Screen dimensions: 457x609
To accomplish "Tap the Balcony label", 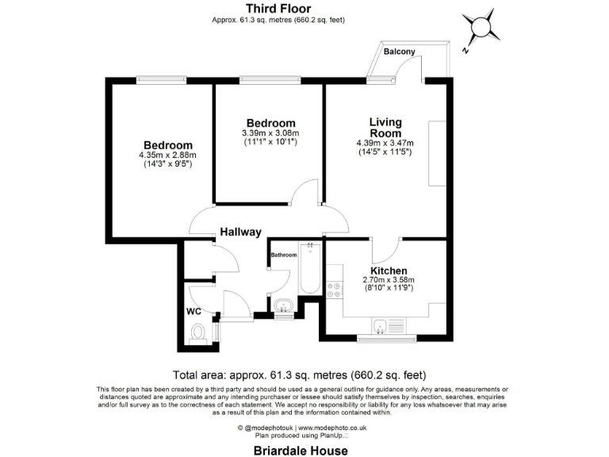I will click(x=400, y=51).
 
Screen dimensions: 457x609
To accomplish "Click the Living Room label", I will click(x=385, y=128).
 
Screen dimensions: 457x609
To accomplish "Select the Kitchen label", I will click(x=389, y=271).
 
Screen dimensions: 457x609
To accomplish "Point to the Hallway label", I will click(x=240, y=232).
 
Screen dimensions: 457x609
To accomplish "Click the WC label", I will click(x=194, y=311).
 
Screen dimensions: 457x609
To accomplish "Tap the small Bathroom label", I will click(x=284, y=255).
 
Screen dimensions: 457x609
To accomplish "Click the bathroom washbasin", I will click(x=282, y=305).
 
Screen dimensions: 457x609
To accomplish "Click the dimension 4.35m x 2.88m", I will click(x=167, y=155).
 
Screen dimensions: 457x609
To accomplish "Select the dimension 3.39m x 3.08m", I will click(x=270, y=132).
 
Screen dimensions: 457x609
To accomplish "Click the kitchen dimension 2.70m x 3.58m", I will click(x=389, y=280).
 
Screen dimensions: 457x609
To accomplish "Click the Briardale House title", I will click(x=301, y=451).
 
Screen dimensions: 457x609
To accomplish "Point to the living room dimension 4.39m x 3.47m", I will click(x=385, y=143).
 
